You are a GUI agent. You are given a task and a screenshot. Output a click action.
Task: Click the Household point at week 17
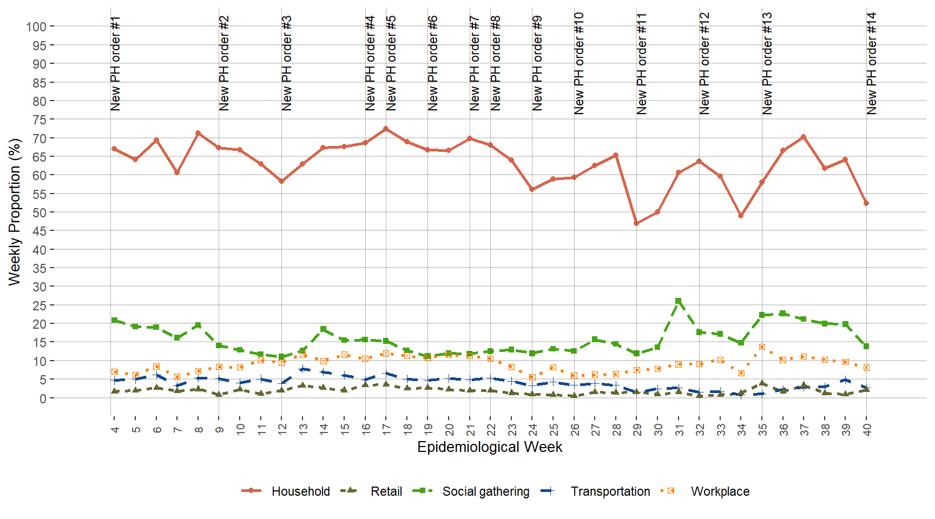point(386,129)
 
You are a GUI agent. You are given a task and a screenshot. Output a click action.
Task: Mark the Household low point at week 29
point(636,223)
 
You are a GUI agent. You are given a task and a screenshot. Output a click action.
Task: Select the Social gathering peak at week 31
point(678,301)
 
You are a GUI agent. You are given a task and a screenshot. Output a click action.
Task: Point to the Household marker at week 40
point(866,203)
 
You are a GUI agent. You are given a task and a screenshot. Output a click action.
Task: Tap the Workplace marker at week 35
point(762,347)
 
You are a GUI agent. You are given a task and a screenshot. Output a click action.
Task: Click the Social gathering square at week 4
point(114,320)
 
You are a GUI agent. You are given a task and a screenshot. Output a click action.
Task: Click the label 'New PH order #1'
point(115,64)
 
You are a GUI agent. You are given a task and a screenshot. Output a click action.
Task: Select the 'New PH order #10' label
point(578,64)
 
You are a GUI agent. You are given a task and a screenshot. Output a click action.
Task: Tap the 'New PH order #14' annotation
point(871,64)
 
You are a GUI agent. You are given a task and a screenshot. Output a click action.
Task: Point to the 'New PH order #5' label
point(391,64)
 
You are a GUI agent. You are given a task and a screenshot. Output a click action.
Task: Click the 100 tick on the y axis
point(36,26)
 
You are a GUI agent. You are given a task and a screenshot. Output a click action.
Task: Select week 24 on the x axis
point(533,430)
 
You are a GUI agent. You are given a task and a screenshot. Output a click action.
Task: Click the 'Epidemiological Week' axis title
point(490,447)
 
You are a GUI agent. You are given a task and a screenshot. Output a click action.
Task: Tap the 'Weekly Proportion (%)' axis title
point(15,212)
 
